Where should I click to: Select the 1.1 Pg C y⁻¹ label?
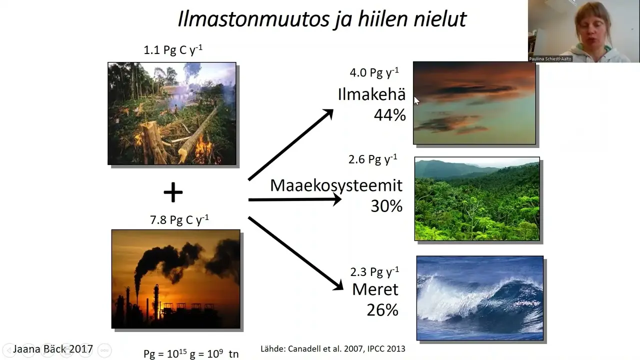(x=173, y=49)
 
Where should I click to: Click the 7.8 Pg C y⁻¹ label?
(x=179, y=219)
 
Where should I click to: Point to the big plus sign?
(x=173, y=192)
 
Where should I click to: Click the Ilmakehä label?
(x=371, y=94)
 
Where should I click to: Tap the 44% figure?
(x=389, y=115)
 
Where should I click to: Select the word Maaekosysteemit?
(x=336, y=185)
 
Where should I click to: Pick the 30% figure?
(x=386, y=205)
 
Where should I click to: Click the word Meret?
(x=375, y=289)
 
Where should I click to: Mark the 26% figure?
(x=382, y=309)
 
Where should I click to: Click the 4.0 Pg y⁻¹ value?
(x=374, y=72)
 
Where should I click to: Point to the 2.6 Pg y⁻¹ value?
(x=373, y=159)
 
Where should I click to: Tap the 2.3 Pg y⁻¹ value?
(x=374, y=271)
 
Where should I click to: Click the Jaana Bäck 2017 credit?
(x=53, y=349)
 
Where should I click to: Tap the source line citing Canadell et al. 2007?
(x=333, y=348)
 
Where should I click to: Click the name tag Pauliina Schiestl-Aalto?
(x=550, y=59)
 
